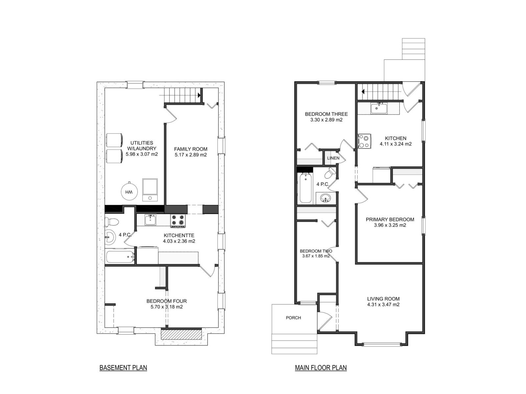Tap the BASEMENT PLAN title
click(123, 368)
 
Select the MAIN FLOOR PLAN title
click(321, 368)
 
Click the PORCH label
click(293, 318)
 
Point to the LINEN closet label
click(333, 158)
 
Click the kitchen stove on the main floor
click(364, 141)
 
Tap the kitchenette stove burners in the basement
click(178, 220)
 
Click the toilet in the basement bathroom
click(111, 222)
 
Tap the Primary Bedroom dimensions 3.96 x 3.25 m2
click(390, 225)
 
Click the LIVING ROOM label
click(383, 299)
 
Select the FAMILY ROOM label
click(191, 149)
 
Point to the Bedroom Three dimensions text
click(326, 120)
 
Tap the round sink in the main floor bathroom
click(326, 198)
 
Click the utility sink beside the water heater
click(150, 190)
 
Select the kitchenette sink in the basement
click(150, 220)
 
